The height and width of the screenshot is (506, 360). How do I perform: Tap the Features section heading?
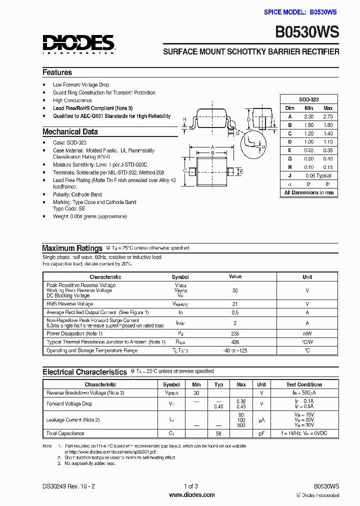tap(57, 72)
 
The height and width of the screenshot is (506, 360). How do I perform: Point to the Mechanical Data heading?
tap(70, 132)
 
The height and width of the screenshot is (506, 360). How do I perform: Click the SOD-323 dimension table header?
tap(308, 99)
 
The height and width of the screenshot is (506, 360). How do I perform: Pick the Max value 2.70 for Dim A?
tap(328, 116)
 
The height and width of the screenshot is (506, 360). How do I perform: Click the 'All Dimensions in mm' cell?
tap(308, 193)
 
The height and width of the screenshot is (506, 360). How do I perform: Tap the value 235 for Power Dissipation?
tap(235, 333)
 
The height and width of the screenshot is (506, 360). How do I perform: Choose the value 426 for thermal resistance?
tap(235, 342)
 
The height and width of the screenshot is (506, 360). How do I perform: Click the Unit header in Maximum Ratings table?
tap(307, 277)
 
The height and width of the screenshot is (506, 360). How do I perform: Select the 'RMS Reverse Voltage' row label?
tap(69, 304)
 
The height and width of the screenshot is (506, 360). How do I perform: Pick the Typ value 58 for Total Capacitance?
tap(218, 433)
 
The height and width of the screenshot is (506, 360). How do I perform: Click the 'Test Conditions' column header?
tap(304, 384)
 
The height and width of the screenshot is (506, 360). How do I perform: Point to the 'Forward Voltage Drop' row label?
tap(69, 404)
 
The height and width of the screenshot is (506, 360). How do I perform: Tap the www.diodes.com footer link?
tap(192, 495)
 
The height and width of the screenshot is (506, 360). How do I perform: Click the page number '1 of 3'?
tap(191, 486)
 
